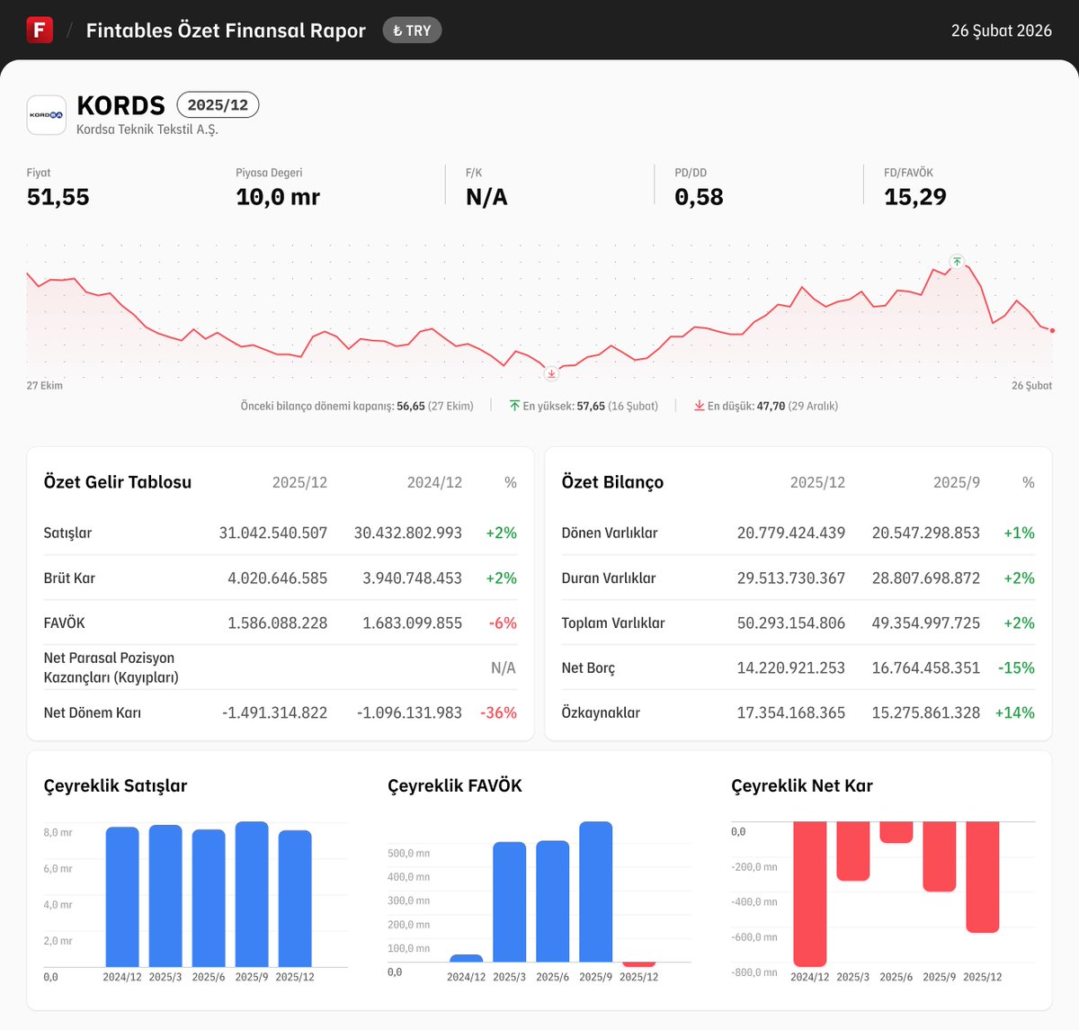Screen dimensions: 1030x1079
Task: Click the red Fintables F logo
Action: (x=40, y=30)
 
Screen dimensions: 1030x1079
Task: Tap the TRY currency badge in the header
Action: (x=412, y=31)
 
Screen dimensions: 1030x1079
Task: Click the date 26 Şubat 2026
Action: (x=1001, y=31)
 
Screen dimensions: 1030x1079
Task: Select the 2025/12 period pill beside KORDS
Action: (x=218, y=105)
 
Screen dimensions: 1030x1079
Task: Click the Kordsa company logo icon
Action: (x=47, y=115)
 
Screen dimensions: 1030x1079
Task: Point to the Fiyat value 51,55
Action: (x=58, y=197)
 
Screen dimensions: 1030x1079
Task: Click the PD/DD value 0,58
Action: (x=699, y=197)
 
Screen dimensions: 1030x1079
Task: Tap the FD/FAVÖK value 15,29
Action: (x=914, y=197)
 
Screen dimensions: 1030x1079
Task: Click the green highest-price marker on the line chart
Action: (x=957, y=262)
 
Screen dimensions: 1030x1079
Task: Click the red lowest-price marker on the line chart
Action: (x=551, y=373)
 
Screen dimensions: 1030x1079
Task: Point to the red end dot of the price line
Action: (x=1052, y=330)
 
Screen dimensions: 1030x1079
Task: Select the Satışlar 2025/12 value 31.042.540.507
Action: (x=273, y=533)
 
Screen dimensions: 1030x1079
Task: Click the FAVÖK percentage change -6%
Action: (x=503, y=622)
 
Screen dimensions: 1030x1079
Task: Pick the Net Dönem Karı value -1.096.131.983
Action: (x=409, y=712)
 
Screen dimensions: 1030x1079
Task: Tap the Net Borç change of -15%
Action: (x=1016, y=667)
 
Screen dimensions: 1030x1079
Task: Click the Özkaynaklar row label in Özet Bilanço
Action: (x=601, y=712)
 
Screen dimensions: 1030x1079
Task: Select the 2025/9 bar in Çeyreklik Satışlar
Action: (x=252, y=894)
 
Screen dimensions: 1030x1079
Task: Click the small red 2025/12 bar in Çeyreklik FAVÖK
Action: (x=638, y=964)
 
